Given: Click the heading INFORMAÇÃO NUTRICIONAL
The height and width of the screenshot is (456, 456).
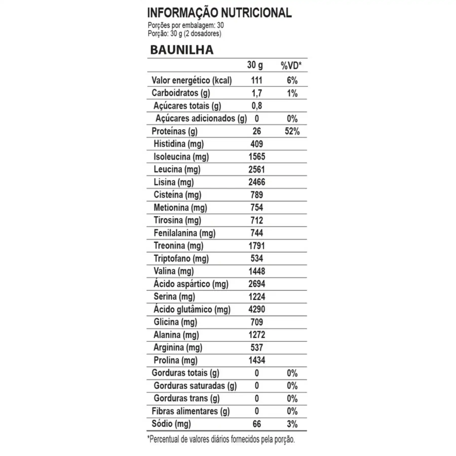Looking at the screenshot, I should coord(219,13).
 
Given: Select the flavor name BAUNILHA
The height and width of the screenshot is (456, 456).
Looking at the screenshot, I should coord(182,50).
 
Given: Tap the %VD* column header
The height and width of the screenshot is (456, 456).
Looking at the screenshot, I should coord(291,66).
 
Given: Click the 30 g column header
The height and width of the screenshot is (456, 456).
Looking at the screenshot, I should coord(255,65).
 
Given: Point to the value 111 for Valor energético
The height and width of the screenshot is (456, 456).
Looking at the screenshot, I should coord(256,80).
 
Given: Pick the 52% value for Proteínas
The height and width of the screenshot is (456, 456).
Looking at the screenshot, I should coord(292,131).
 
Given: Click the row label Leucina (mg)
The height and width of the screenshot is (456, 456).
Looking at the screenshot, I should coord(177,169).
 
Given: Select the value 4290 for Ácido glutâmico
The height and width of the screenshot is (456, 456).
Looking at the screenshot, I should coord(257,309).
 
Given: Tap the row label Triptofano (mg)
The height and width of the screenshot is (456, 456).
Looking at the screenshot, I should coord(181,258).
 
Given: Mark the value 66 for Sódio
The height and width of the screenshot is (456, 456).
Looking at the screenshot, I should coord(257,424).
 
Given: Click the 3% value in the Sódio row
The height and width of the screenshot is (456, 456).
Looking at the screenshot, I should coord(292,424).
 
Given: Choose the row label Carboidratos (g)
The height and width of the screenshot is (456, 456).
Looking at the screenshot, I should coord(181,93).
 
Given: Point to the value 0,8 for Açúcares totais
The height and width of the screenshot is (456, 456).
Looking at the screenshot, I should coord(257,106).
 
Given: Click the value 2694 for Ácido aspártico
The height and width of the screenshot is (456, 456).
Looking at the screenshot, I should coord(257,284).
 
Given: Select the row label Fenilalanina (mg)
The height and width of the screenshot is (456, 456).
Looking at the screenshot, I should coord(184,233).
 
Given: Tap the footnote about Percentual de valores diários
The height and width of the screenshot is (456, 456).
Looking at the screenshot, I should coord(221,439).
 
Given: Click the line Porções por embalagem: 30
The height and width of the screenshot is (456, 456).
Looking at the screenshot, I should coord(186,25).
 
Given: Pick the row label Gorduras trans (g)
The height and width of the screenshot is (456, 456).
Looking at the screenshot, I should coord(186,398).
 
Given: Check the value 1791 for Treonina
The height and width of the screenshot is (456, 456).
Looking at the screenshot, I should coord(257,246).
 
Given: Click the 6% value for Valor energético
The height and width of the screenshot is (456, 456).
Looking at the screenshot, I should coord(292,80).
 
